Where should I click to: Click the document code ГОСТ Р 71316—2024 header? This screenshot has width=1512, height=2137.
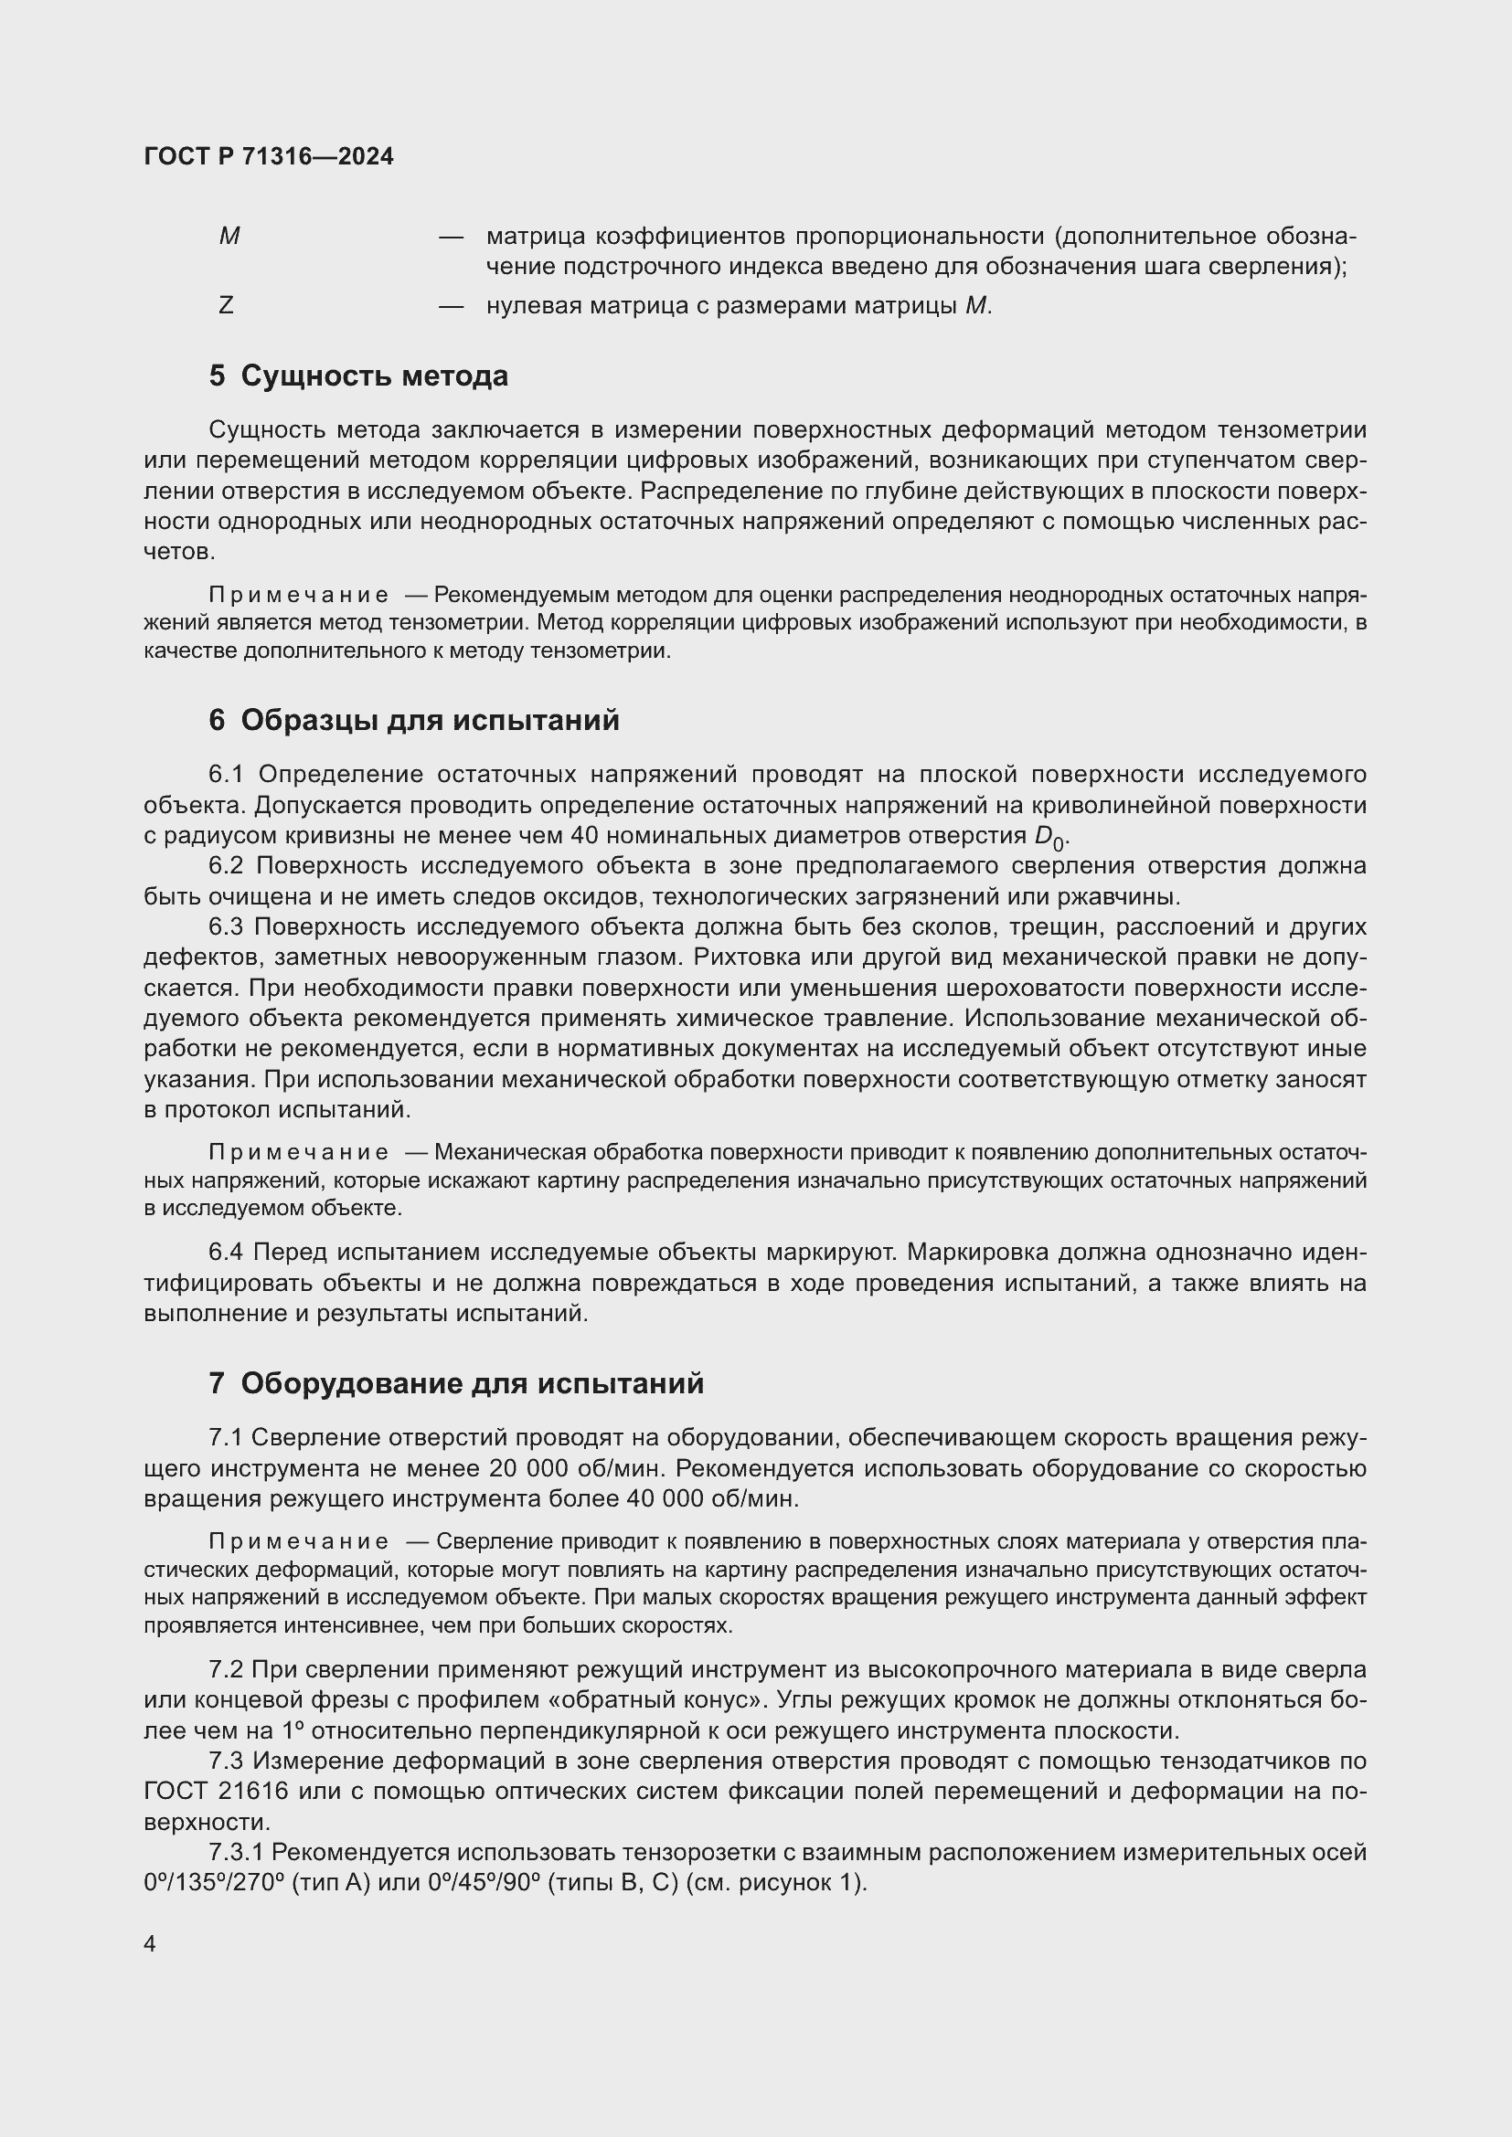click(269, 157)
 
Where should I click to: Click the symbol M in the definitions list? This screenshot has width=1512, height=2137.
click(229, 237)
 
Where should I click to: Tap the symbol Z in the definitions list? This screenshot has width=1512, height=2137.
click(225, 305)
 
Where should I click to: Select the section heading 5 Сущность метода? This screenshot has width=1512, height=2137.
click(358, 376)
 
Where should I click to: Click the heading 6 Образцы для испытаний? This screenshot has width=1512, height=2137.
click(413, 720)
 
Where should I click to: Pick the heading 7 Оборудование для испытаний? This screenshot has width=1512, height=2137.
click(456, 1384)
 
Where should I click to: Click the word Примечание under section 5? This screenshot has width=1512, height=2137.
click(298, 596)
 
